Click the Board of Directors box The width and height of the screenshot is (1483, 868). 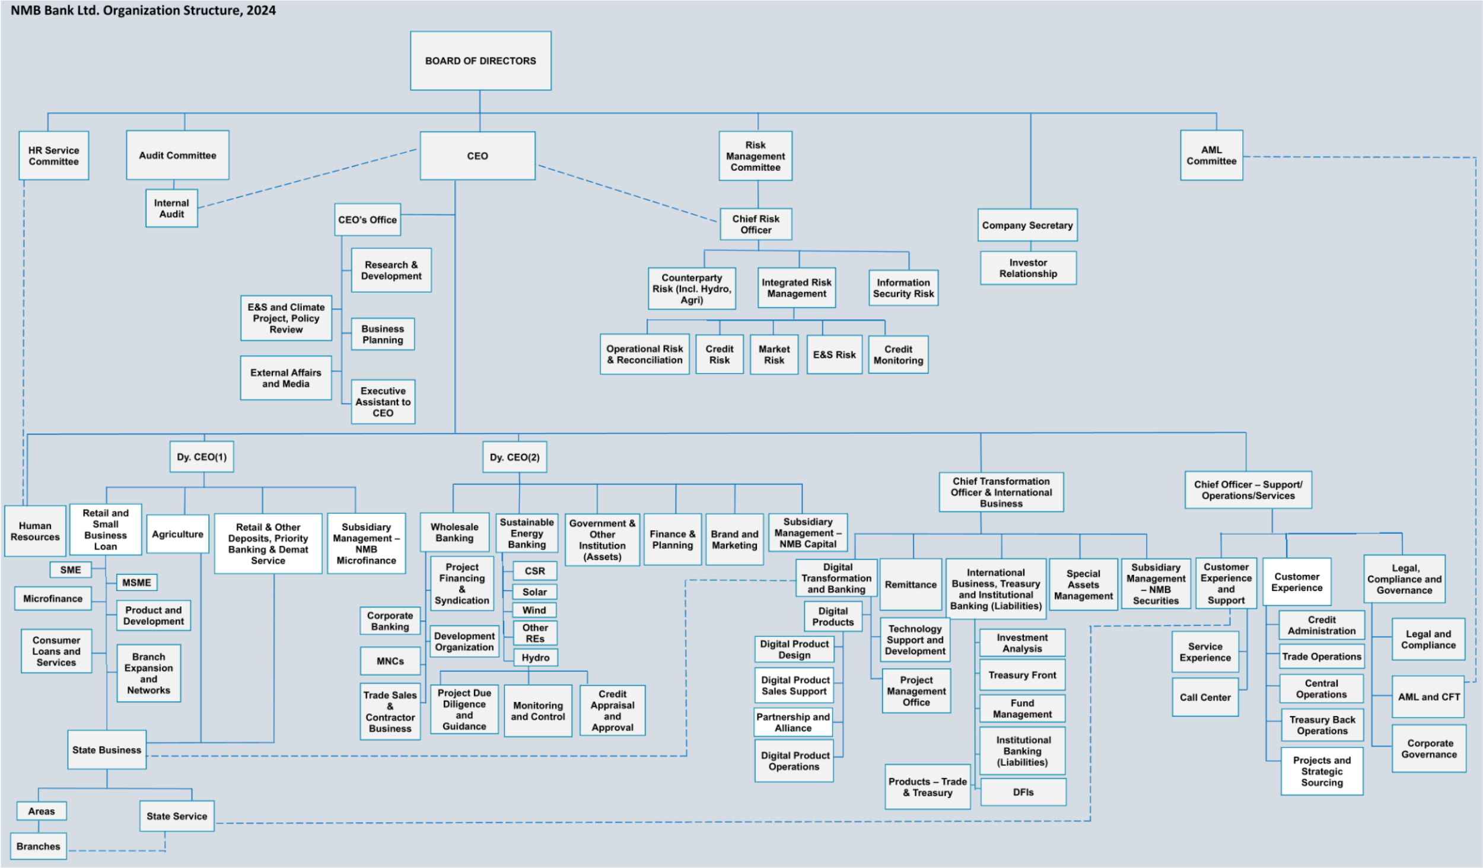pos(480,61)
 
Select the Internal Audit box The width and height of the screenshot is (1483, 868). pos(171,208)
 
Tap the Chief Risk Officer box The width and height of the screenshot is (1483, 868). pos(756,224)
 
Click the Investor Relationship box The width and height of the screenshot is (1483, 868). pos(1028,268)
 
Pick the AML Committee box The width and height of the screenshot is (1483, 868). pos(1211,155)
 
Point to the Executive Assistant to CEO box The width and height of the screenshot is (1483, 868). pos(383,402)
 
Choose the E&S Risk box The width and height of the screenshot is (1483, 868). pos(834,355)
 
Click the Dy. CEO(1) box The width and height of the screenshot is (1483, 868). pos(202,457)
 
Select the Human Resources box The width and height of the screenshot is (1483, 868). pos(35,531)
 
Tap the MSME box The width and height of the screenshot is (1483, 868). pos(136,583)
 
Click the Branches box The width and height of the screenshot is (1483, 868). pos(39,846)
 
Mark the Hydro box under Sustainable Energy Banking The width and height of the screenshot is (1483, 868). pos(536,657)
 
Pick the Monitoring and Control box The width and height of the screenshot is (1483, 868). pos(538,711)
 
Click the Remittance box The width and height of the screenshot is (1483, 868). pos(911,584)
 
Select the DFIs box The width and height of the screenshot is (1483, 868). pos(1023,792)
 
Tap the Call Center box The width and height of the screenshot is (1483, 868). pos(1205,697)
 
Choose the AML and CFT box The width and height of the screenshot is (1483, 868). pos(1428,697)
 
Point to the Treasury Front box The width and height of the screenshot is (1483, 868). pos(1022,675)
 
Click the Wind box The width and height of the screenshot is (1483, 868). pos(534,610)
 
